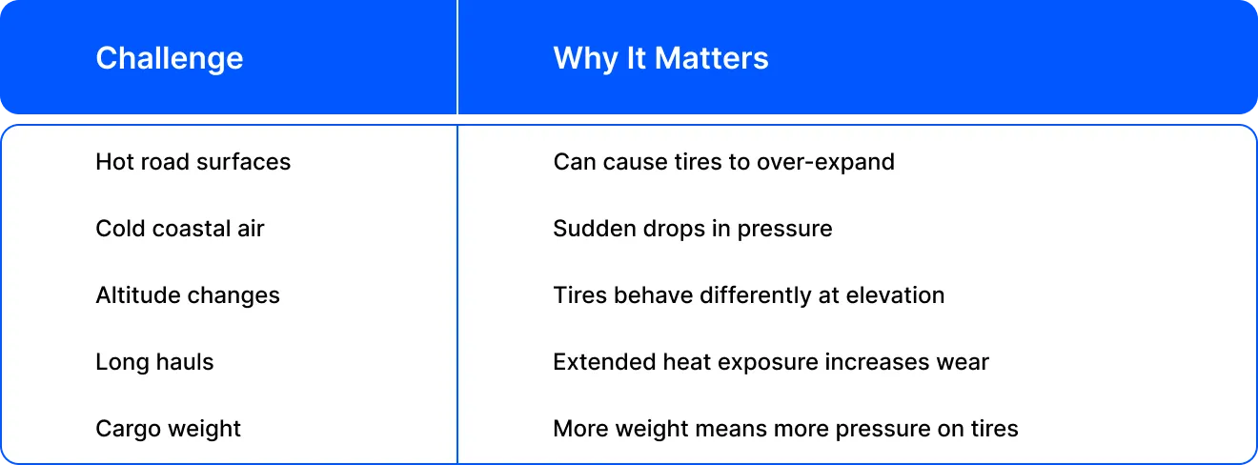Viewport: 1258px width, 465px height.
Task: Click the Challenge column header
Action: point(170,59)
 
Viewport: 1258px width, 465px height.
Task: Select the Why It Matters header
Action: point(660,58)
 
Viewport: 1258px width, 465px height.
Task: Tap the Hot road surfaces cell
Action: point(193,162)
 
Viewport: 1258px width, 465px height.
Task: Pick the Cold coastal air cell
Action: point(180,229)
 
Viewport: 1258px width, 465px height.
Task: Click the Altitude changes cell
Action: point(188,296)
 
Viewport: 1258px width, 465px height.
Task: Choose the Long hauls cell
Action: point(154,363)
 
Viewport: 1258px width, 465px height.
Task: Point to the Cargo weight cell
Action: point(168,430)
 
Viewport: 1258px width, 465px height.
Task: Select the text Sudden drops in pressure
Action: point(693,229)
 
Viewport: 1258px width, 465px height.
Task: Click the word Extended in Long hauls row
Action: point(604,362)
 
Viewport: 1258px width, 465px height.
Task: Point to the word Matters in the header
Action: point(712,58)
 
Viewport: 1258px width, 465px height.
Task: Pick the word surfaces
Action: point(244,162)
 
